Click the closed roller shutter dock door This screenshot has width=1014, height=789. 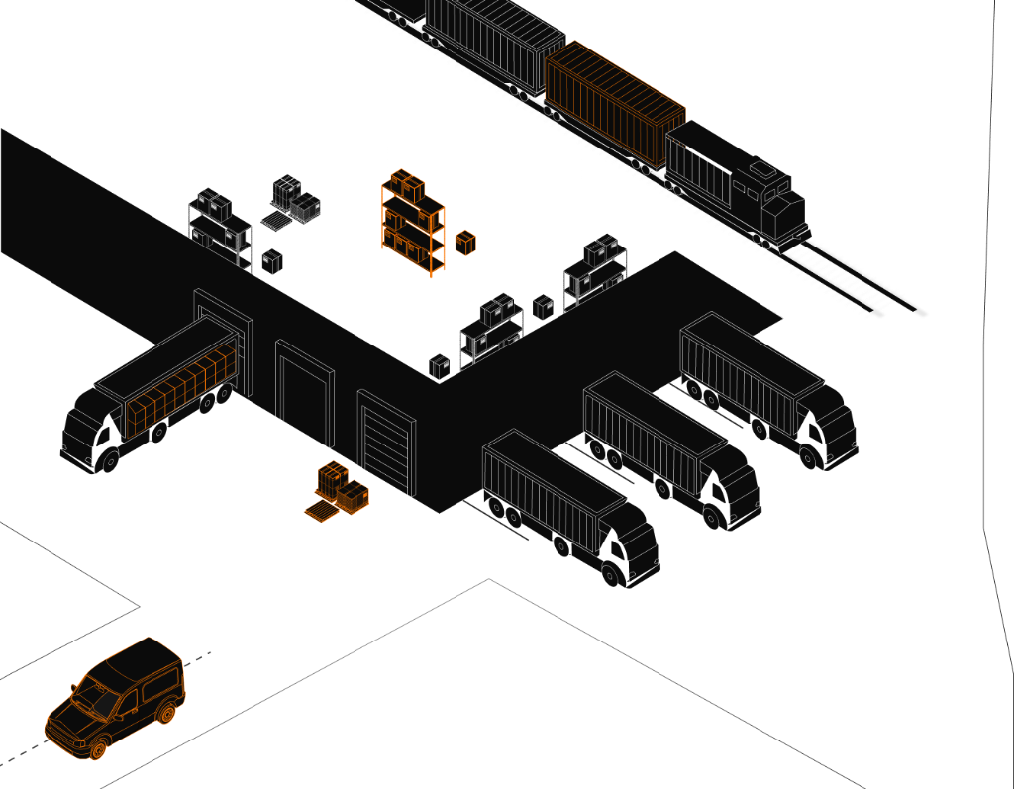(x=387, y=444)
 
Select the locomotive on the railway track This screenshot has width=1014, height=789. (x=738, y=183)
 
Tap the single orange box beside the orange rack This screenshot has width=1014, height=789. (x=465, y=243)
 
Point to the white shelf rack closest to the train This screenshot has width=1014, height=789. (x=596, y=272)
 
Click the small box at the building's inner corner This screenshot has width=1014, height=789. (x=440, y=366)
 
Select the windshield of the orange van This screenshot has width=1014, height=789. (x=98, y=699)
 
